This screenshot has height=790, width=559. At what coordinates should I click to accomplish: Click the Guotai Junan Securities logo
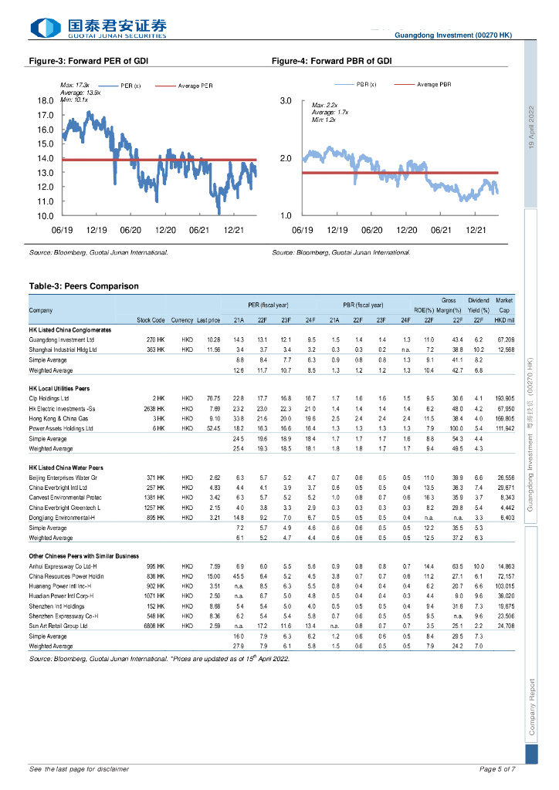[x=98, y=29]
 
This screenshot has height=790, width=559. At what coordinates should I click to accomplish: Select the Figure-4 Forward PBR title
[x=332, y=59]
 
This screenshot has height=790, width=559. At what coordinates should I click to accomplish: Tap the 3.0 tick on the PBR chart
[x=285, y=101]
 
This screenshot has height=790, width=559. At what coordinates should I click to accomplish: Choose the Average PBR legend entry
[x=433, y=84]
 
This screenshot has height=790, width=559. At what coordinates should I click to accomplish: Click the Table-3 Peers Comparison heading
[x=83, y=286]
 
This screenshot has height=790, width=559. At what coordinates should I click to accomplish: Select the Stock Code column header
[x=151, y=319]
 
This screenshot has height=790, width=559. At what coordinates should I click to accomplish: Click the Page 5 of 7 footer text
[x=497, y=769]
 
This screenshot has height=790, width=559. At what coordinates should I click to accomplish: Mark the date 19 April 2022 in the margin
[x=530, y=127]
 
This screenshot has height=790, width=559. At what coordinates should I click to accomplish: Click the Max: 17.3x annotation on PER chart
[x=74, y=85]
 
